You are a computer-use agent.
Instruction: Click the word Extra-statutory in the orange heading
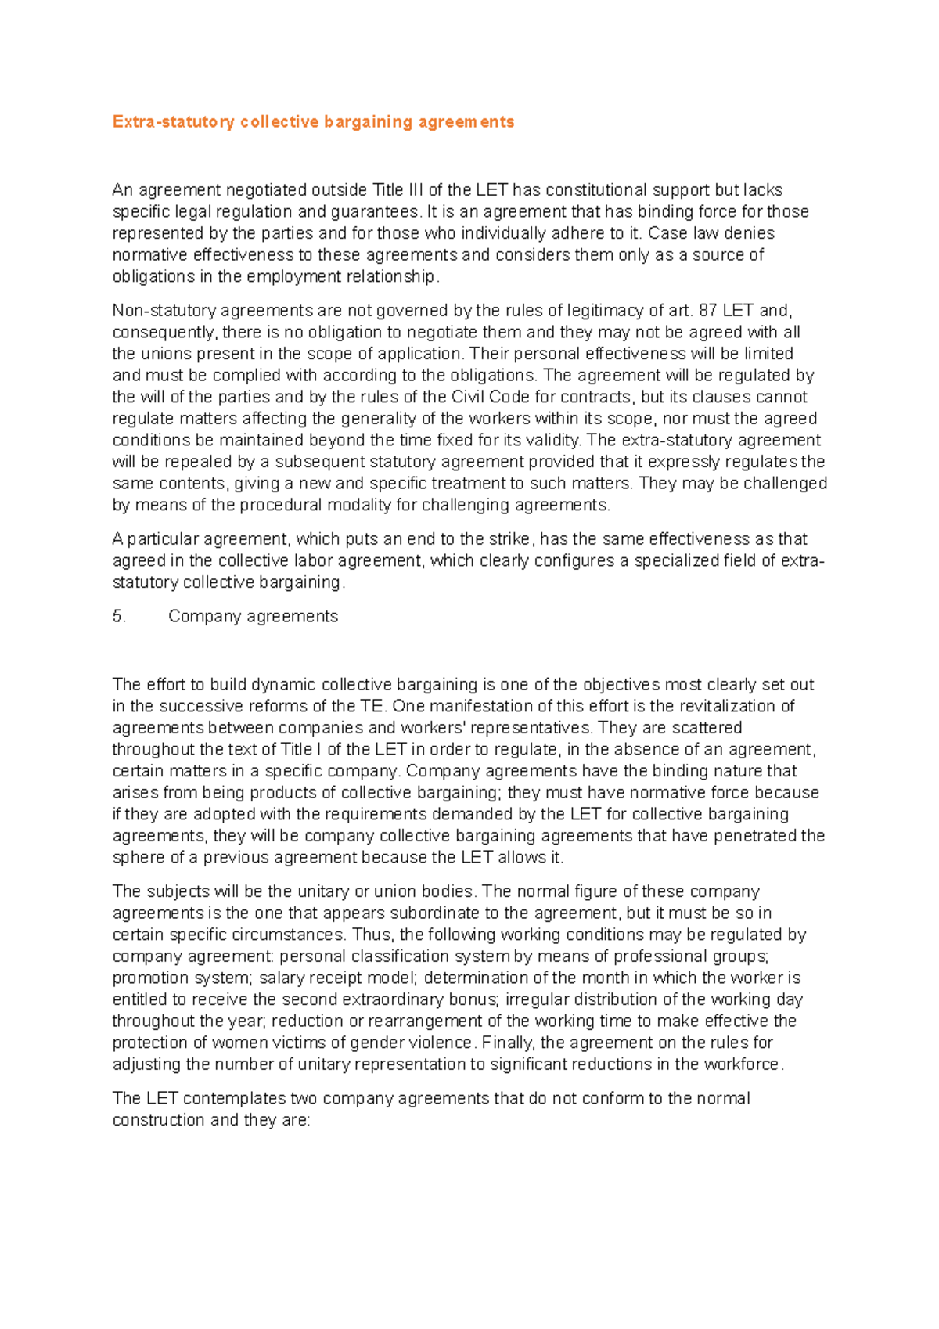click(x=173, y=122)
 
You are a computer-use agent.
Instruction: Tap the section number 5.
click(x=119, y=617)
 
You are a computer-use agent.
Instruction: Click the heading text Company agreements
click(x=253, y=617)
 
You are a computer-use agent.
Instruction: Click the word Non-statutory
click(x=161, y=311)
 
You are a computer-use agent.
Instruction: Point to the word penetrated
click(x=754, y=836)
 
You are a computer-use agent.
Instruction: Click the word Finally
click(x=509, y=1043)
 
